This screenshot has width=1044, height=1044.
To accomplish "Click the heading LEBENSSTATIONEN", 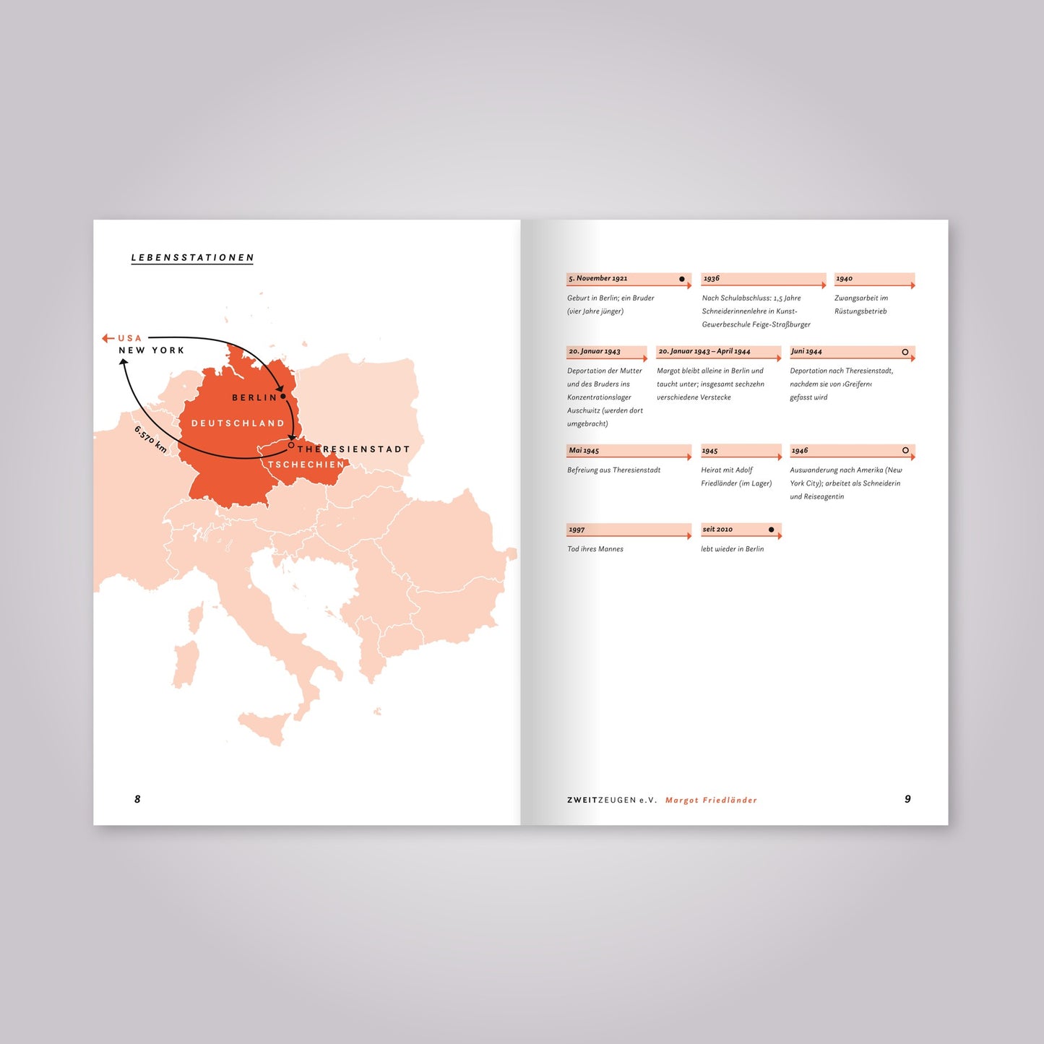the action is (x=192, y=257).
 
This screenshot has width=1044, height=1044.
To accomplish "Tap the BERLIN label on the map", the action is (x=254, y=397).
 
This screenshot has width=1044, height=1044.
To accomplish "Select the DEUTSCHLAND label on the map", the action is (x=238, y=423).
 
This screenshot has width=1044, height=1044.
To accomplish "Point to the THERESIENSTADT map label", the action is (x=353, y=449).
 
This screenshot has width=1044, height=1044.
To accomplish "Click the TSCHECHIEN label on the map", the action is (x=306, y=465).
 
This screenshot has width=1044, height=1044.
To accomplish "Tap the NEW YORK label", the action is (x=152, y=350).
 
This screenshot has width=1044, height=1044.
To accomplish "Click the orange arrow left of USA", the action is (x=108, y=338).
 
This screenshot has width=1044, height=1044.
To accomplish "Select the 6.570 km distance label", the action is (x=150, y=439).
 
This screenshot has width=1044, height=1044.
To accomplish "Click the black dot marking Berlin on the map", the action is (x=283, y=396).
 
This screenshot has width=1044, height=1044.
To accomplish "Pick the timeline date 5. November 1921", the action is (x=598, y=278).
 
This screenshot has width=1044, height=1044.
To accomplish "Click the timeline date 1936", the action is (x=712, y=278).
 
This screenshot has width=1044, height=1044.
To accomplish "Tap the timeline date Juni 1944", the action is (x=806, y=351).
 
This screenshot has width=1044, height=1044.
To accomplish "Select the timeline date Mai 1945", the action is (x=584, y=450).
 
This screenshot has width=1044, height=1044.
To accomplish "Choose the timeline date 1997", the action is (x=577, y=530).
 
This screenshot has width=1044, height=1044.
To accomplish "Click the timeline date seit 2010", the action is (x=717, y=530).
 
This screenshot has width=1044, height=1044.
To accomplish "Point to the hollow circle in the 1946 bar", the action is (x=905, y=450).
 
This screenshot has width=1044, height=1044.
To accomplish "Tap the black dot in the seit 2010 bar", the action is (x=771, y=530).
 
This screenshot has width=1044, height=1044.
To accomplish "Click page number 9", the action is (x=907, y=798).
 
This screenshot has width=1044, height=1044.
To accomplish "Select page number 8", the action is (x=137, y=798).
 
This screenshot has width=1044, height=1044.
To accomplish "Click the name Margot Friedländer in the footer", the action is (x=711, y=800).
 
